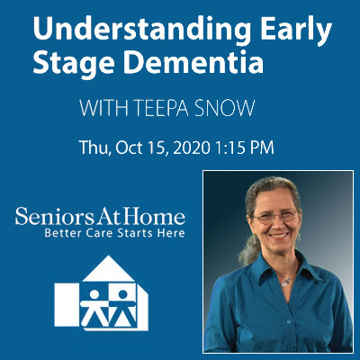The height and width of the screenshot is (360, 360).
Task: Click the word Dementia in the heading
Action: (193, 63)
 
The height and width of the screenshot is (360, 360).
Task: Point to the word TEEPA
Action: (162, 108)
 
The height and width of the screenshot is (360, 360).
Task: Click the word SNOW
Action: (225, 108)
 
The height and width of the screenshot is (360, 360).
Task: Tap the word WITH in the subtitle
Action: (103, 108)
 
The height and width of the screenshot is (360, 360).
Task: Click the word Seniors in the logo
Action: (55, 216)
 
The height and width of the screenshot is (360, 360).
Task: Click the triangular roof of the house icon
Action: (109, 269)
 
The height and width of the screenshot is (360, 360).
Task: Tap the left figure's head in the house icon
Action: (94, 294)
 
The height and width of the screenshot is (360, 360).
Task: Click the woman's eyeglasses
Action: (275, 216)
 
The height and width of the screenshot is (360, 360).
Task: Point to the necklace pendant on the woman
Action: (287, 282)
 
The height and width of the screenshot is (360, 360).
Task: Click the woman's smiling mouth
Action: (278, 235)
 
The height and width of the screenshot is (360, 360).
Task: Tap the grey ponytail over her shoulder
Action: (249, 250)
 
